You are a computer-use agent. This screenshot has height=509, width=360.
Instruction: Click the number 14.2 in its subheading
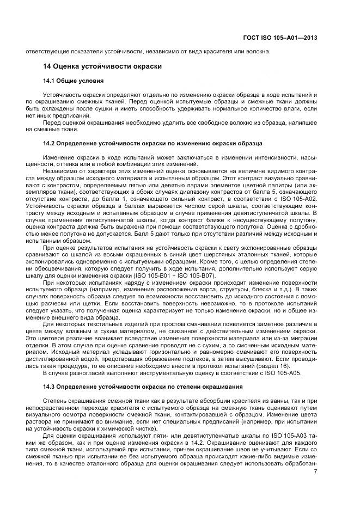point(50,143)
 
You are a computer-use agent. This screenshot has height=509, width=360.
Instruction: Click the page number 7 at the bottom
point(315,471)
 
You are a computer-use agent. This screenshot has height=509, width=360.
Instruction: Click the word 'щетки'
point(86,302)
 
